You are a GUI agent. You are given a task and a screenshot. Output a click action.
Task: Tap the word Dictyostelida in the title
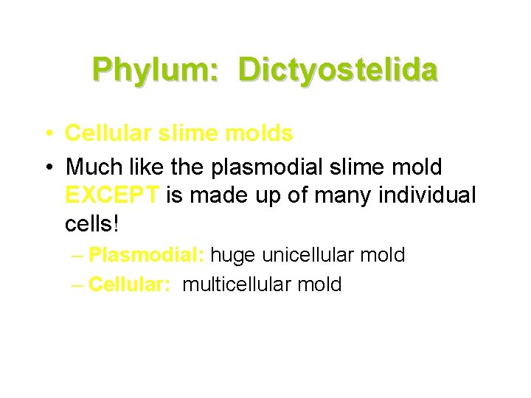pos(339,70)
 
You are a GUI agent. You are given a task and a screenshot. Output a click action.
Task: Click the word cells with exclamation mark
pos(93,223)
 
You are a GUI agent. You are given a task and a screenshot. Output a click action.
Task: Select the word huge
pos(234,256)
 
